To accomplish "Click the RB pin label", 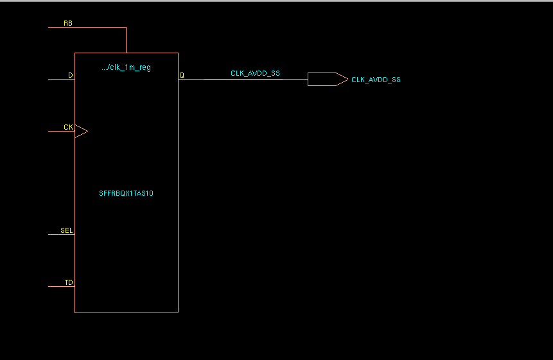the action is [67, 23].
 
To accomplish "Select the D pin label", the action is [71, 75].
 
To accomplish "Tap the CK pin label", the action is [68, 127].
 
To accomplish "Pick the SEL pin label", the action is [67, 230].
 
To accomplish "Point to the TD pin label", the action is [69, 282].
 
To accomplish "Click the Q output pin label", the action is [182, 75].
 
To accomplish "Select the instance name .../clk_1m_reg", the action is [127, 67].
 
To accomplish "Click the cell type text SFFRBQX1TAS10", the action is [127, 193].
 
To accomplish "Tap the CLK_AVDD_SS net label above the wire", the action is [255, 74].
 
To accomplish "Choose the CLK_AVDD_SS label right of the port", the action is [376, 80].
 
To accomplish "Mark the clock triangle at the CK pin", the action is [81, 132].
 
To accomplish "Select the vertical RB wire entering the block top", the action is [127, 40].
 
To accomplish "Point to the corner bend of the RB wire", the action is [127, 28].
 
